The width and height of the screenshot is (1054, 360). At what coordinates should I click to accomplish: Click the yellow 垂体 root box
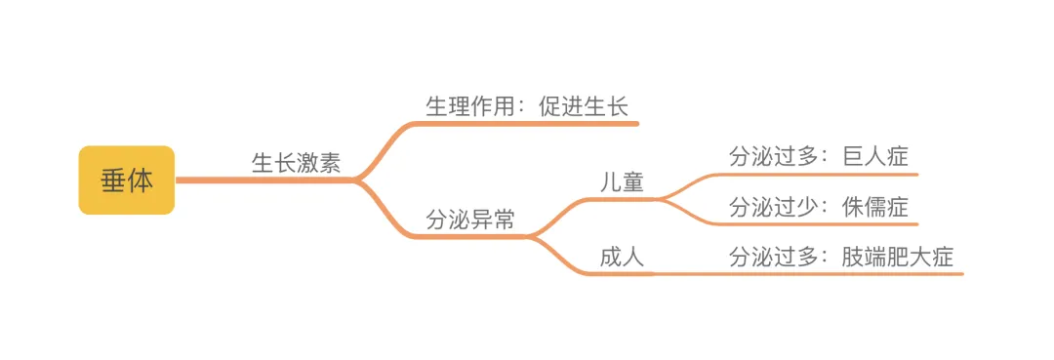pos(126,180)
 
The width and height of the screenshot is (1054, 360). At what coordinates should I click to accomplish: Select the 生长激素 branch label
pos(297,163)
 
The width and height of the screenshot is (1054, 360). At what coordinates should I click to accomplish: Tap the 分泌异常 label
pos(470,219)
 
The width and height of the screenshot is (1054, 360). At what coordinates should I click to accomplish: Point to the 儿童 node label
pos(622,182)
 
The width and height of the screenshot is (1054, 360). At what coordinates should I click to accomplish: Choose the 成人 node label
pos(622,258)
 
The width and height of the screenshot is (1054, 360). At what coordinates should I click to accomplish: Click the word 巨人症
pos(875,156)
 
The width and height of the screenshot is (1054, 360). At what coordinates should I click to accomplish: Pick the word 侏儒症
pos(875,207)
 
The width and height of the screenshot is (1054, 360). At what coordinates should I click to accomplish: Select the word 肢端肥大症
pos(898,258)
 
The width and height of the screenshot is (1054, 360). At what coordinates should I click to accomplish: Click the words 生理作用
pos(470,106)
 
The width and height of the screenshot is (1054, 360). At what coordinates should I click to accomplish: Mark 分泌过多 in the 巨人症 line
pos(774,156)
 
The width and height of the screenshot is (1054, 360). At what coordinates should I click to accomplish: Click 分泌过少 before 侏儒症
pos(774,207)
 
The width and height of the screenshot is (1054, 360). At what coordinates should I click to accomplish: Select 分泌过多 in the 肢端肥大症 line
pos(774,258)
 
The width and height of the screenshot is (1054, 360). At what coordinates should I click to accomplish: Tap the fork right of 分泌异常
pos(532,236)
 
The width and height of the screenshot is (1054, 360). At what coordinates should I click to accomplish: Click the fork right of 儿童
pos(661,199)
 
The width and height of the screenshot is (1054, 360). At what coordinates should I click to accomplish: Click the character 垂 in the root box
pos(113,180)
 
